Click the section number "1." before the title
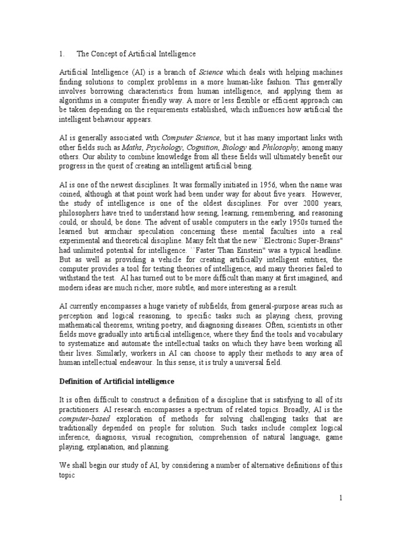61,53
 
